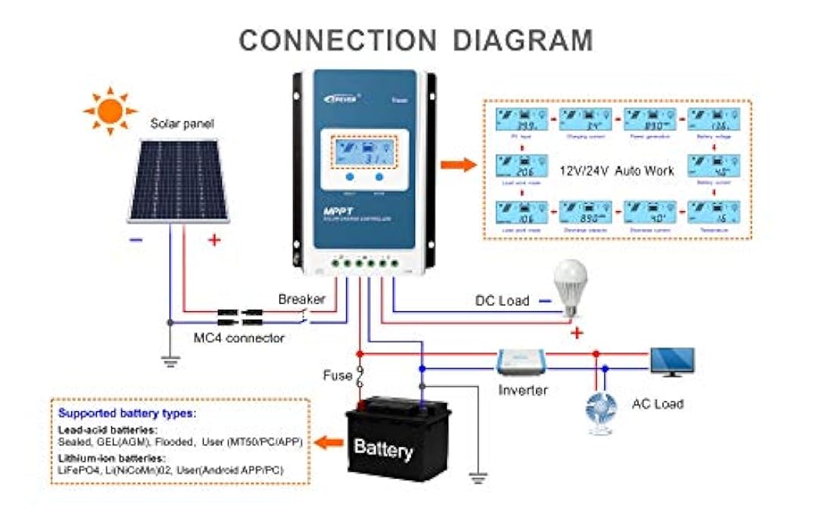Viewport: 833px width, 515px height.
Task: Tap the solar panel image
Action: click(181, 179)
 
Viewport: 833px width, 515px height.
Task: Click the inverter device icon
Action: click(522, 362)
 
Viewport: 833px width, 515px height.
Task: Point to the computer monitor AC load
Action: click(672, 361)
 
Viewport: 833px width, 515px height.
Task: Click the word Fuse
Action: click(337, 375)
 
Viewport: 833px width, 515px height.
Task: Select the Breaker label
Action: click(301, 299)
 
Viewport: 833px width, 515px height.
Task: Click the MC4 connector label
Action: click(237, 338)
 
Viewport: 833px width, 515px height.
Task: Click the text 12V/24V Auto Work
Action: click(616, 170)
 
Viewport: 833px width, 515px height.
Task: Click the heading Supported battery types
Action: click(126, 414)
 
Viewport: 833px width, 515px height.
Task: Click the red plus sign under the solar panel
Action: click(214, 240)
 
